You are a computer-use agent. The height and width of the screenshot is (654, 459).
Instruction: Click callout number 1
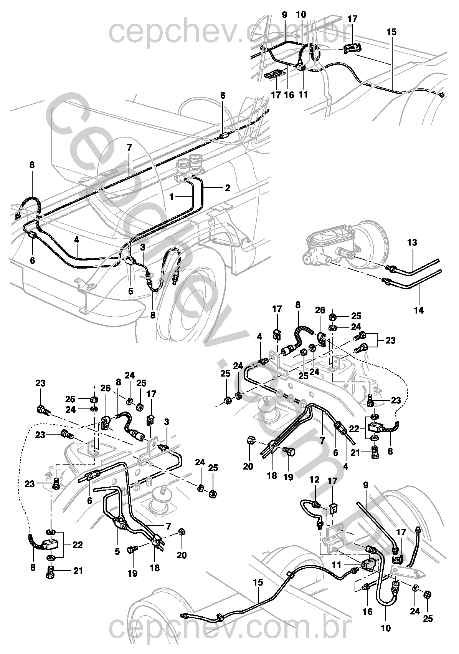[172, 196]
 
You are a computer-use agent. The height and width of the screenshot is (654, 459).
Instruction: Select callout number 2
[228, 188]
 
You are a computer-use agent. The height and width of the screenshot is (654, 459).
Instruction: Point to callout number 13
[412, 243]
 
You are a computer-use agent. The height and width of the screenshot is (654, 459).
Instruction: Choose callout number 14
[419, 310]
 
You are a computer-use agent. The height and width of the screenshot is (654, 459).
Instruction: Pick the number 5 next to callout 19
[117, 552]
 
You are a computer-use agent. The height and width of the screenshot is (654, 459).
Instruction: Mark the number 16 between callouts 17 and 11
[289, 94]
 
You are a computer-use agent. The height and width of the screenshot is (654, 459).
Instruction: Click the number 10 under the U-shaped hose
[386, 629]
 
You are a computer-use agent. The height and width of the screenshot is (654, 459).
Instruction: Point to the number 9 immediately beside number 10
[284, 15]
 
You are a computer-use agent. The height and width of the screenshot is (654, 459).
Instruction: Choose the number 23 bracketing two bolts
[390, 340]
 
